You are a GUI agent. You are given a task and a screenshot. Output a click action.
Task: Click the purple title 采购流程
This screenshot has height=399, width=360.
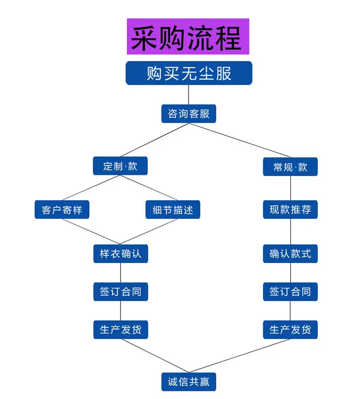[188, 36]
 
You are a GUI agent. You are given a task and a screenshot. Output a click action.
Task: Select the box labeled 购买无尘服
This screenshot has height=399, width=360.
[189, 73]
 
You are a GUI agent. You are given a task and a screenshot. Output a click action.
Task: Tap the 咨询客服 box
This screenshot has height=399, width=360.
[189, 113]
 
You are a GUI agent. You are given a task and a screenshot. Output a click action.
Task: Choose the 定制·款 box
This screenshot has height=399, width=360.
[120, 166]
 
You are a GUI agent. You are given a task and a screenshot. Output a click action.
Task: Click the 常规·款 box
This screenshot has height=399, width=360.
[290, 167]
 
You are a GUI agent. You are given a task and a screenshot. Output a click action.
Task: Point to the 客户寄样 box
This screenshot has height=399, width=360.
[62, 210]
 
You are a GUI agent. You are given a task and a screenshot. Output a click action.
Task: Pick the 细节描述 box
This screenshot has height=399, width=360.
[173, 210]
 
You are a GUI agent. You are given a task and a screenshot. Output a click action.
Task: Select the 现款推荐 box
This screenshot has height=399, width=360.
[290, 210]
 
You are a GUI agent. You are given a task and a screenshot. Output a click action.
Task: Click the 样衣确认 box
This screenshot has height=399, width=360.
[121, 254]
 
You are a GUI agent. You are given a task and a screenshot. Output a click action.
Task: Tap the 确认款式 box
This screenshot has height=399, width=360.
[290, 254]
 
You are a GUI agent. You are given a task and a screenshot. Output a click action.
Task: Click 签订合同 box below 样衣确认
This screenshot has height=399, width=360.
[121, 292]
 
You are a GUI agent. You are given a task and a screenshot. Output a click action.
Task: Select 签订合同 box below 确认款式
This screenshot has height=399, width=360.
[290, 292]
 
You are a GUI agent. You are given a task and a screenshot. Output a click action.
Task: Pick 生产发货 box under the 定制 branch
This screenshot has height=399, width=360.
[121, 330]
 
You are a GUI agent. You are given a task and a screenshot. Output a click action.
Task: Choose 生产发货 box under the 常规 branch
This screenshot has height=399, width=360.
[290, 330]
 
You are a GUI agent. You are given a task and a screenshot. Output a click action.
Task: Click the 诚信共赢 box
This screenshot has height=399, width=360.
[189, 382]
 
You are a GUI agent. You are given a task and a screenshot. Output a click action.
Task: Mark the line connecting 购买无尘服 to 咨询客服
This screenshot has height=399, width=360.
[189, 95]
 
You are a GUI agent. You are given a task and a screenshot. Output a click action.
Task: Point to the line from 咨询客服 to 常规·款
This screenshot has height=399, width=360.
[240, 140]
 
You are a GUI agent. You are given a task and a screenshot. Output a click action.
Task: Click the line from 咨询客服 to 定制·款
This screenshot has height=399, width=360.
[155, 140]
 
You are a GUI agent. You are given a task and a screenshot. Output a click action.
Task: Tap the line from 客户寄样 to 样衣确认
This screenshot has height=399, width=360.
[91, 231]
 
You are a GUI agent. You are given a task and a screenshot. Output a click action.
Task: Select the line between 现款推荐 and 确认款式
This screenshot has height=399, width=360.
[290, 231]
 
